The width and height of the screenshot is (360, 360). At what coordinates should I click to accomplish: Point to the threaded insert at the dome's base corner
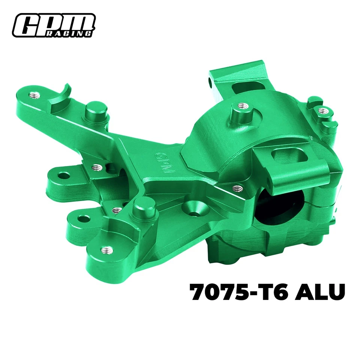(236, 186)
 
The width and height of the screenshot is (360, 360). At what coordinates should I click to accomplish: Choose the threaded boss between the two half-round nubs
(322, 110)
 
